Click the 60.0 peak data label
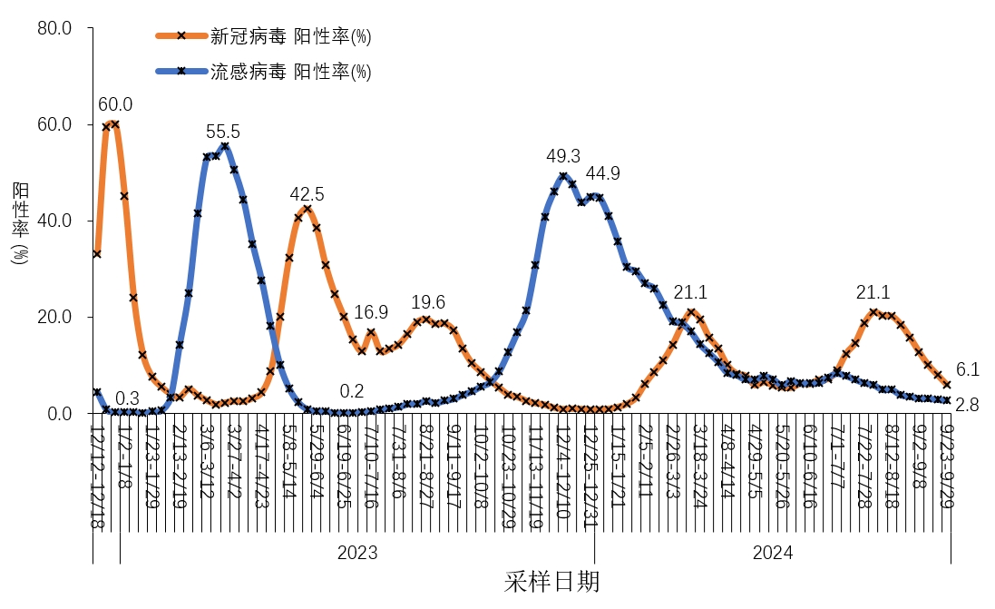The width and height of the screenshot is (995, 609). pyautogui.click(x=115, y=104)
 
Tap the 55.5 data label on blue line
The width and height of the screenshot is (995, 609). pyautogui.click(x=223, y=131)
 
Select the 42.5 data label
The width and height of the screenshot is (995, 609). pyautogui.click(x=307, y=194)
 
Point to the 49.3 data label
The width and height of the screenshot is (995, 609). pyautogui.click(x=562, y=156)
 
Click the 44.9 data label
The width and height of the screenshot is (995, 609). pyautogui.click(x=602, y=173)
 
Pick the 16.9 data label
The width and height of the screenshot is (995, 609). pyautogui.click(x=371, y=312)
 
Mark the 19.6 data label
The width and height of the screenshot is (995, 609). pyautogui.click(x=428, y=302)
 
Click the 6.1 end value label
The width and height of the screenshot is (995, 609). pyautogui.click(x=968, y=369)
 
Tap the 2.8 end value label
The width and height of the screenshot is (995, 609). pyautogui.click(x=967, y=405)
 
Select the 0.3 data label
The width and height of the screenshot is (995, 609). pyautogui.click(x=128, y=398)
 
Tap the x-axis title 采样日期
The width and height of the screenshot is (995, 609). pyautogui.click(x=551, y=582)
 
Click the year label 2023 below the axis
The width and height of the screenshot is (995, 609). pyautogui.click(x=356, y=553)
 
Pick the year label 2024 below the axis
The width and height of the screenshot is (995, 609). pyautogui.click(x=773, y=553)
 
